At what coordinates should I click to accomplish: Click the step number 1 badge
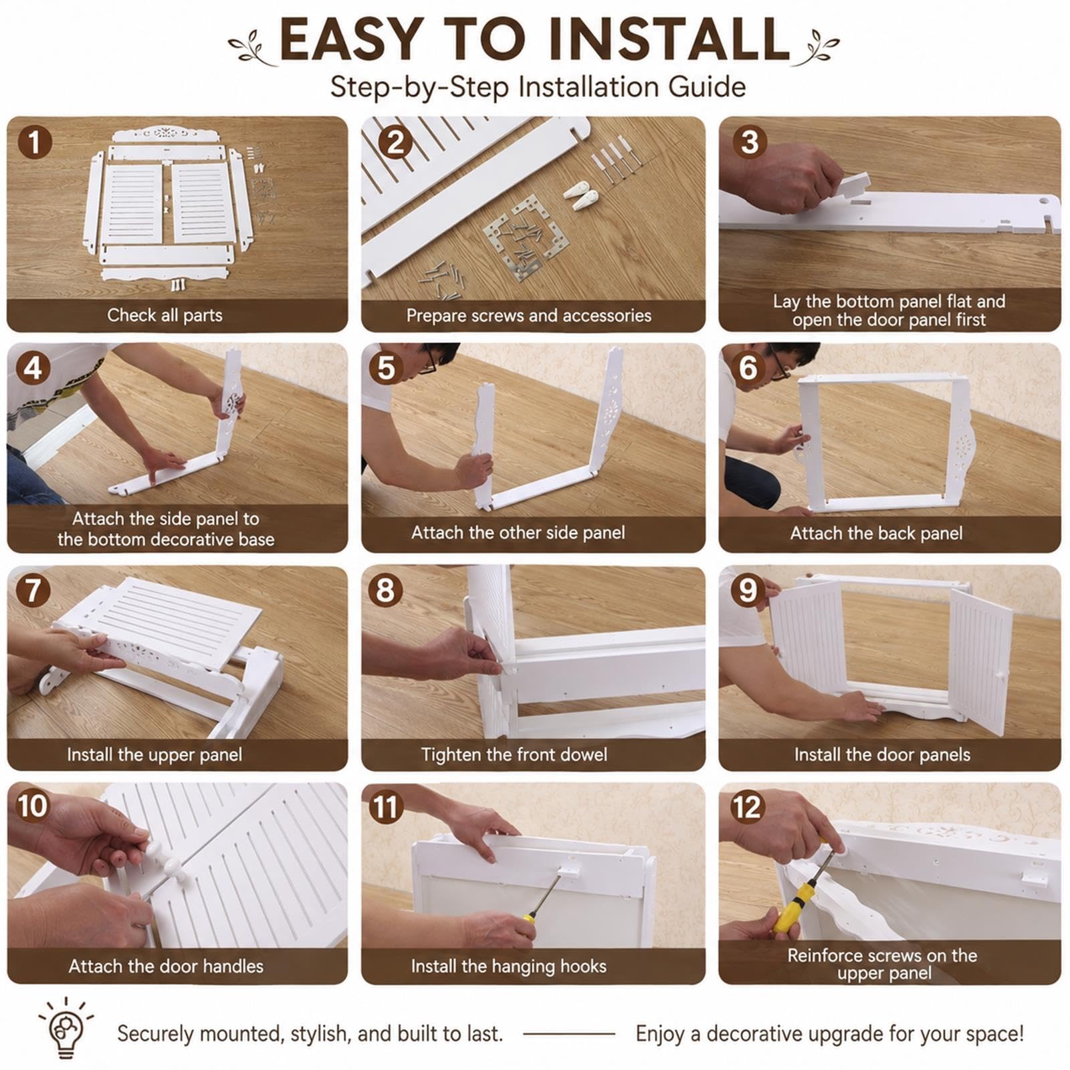tap(35, 142)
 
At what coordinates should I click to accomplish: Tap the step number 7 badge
tap(33, 591)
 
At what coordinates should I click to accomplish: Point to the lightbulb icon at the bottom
tap(66, 1027)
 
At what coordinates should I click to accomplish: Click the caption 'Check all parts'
tap(165, 315)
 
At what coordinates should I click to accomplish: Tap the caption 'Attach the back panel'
tap(876, 533)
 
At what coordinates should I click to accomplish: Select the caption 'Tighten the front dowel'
tap(514, 754)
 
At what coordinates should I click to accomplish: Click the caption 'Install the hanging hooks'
tap(508, 966)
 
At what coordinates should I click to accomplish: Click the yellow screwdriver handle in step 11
tap(529, 917)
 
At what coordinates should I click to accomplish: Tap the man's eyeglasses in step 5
tap(429, 361)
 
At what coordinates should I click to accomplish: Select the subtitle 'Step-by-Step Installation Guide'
tap(538, 88)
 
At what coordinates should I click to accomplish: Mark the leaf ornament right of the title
tap(817, 46)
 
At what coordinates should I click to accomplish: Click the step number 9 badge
tap(747, 591)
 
